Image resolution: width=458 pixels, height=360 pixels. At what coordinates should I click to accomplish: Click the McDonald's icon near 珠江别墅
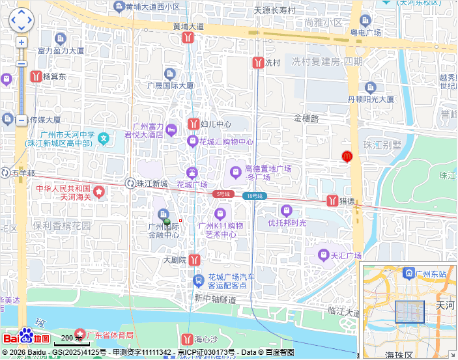click(347, 156)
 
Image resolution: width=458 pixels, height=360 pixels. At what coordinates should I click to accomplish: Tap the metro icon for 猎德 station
click(332, 201)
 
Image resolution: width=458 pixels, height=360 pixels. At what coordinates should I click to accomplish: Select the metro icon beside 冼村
click(257, 63)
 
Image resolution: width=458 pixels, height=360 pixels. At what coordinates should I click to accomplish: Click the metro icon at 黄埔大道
click(188, 38)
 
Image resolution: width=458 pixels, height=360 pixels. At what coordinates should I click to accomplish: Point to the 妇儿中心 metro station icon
click(193, 124)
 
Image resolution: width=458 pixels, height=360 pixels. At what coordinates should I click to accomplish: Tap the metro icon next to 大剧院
click(194, 260)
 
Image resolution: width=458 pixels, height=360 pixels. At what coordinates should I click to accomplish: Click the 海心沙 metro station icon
click(188, 339)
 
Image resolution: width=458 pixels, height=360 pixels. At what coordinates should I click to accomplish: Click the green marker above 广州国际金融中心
click(167, 221)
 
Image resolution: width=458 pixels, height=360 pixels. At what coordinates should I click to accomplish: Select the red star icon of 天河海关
click(98, 191)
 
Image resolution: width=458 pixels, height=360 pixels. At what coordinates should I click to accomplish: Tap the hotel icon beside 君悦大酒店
click(171, 130)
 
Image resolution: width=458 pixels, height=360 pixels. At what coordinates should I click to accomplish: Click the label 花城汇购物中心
click(226, 141)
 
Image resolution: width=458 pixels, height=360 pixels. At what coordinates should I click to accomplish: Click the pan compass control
click(21, 20)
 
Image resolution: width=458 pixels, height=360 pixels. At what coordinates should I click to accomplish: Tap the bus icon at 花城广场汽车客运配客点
click(199, 281)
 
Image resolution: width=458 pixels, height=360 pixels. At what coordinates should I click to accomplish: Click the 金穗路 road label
click(306, 118)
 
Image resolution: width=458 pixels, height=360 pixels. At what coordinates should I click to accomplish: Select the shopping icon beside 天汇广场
click(323, 255)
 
